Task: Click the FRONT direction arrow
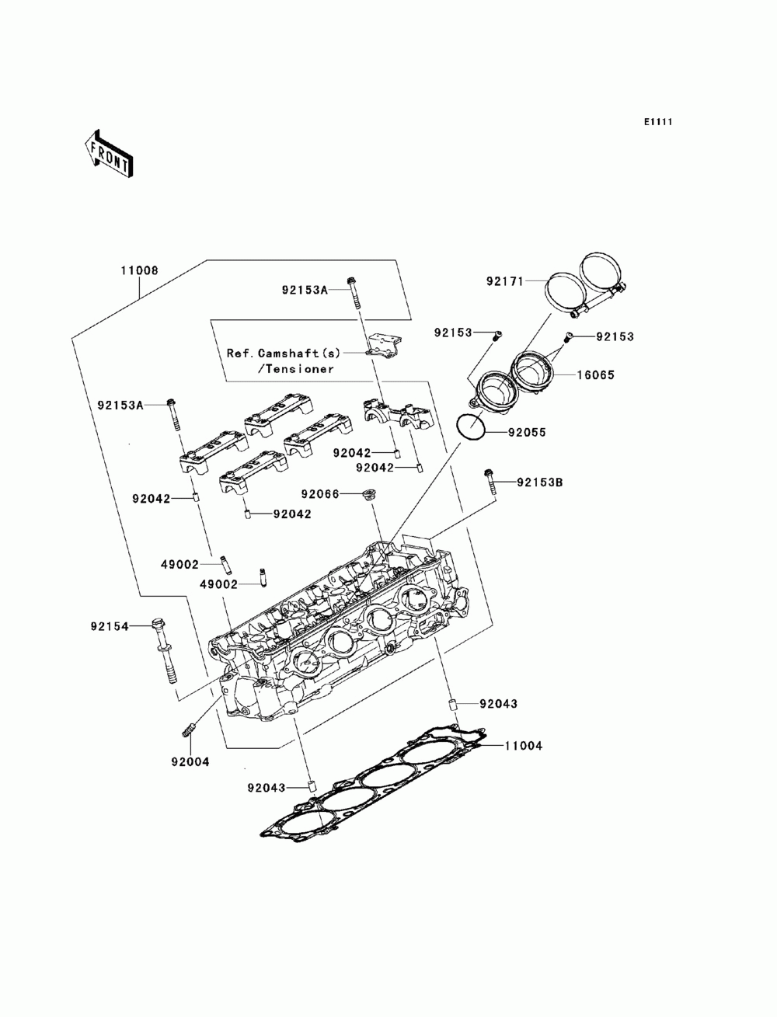(x=109, y=155)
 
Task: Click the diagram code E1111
(x=657, y=122)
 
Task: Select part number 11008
(x=139, y=270)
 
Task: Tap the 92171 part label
(x=504, y=280)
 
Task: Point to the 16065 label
(x=595, y=374)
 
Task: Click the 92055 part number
(x=528, y=432)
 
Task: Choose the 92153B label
(x=540, y=482)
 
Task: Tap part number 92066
(x=320, y=494)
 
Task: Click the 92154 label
(x=110, y=626)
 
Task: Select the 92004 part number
(x=190, y=761)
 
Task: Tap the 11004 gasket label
(x=523, y=746)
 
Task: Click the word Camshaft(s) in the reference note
(x=299, y=353)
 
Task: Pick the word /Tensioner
(x=295, y=369)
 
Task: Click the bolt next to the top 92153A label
(x=354, y=293)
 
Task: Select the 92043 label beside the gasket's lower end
(x=266, y=788)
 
